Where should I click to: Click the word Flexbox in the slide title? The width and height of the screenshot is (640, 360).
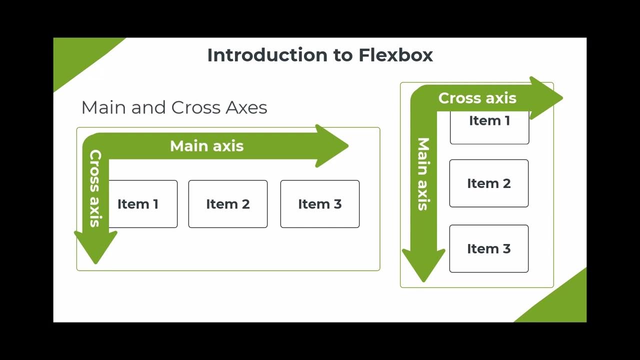(395, 55)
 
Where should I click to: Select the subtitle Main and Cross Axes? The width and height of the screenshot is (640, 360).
(174, 107)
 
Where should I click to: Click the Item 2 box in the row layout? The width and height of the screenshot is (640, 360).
(227, 204)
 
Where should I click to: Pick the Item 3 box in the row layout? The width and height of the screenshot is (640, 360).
(319, 204)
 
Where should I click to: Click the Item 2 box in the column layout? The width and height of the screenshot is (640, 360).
(488, 183)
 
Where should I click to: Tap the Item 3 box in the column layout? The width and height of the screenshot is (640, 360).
(488, 248)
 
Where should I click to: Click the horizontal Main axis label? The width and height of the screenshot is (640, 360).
(206, 146)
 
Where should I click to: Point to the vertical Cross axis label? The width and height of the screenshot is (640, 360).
(95, 188)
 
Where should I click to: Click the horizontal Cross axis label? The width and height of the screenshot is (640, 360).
(477, 98)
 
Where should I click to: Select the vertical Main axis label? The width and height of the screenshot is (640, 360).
(423, 174)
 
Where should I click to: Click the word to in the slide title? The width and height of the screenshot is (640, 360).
(343, 55)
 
